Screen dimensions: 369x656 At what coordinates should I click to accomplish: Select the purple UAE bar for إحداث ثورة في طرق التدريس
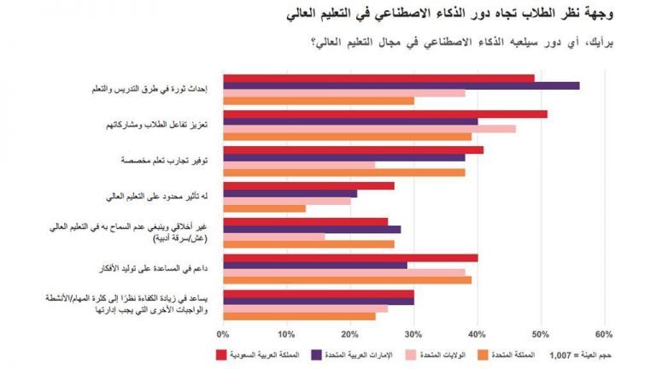[x=401, y=85]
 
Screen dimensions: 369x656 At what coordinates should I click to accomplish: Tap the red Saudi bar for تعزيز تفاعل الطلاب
[x=384, y=113]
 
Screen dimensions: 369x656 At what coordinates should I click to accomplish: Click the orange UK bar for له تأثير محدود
[x=264, y=208]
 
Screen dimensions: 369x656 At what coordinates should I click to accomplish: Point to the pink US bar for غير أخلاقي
[x=273, y=236]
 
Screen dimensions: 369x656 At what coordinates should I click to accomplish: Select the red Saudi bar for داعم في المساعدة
[x=350, y=257]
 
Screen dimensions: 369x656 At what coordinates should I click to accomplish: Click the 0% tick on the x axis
[x=224, y=333]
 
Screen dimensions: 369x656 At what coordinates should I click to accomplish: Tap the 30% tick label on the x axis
[x=413, y=333]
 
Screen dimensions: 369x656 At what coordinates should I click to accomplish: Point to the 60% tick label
[x=604, y=333]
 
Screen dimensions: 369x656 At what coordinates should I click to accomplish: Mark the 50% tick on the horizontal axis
[x=541, y=333]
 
